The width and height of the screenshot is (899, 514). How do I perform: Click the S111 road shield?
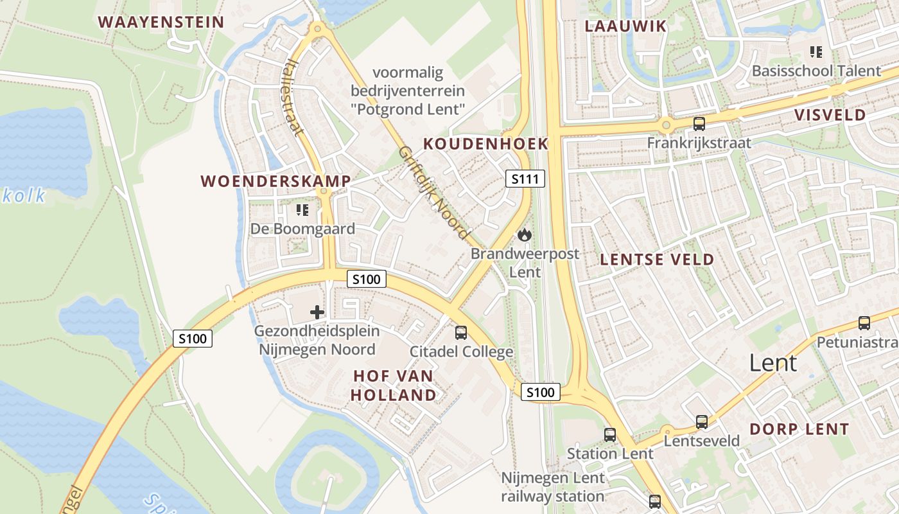pyautogui.click(x=525, y=179)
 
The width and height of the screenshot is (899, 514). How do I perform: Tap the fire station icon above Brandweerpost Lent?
pyautogui.click(x=525, y=235)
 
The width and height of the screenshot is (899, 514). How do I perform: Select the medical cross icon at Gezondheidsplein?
pyautogui.click(x=317, y=313)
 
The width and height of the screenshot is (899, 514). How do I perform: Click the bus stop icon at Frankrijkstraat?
pyautogui.click(x=699, y=124)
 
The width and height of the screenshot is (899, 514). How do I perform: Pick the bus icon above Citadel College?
pyautogui.click(x=461, y=333)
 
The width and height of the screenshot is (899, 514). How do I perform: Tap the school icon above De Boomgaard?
pyautogui.click(x=302, y=210)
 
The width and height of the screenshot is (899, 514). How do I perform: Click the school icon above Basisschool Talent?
pyautogui.click(x=816, y=52)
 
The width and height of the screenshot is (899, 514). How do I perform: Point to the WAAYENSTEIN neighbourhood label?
pyautogui.click(x=161, y=22)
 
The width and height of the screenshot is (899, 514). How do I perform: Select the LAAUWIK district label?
pyautogui.click(x=625, y=26)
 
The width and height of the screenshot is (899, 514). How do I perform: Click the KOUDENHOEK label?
pyautogui.click(x=486, y=144)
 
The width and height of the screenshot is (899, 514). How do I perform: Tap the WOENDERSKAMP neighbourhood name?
pyautogui.click(x=276, y=181)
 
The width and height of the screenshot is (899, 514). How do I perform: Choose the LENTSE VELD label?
pyautogui.click(x=656, y=260)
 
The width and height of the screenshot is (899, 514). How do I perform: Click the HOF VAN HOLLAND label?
pyautogui.click(x=394, y=385)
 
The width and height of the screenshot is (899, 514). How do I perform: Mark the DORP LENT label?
pyautogui.click(x=799, y=429)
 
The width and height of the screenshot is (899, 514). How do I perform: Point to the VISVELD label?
pyautogui.click(x=830, y=115)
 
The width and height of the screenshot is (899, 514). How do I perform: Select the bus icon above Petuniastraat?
pyautogui.click(x=864, y=323)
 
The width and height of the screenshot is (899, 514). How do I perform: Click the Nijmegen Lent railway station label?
pyautogui.click(x=553, y=487)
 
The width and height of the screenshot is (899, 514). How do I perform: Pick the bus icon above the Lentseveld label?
pyautogui.click(x=702, y=422)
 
